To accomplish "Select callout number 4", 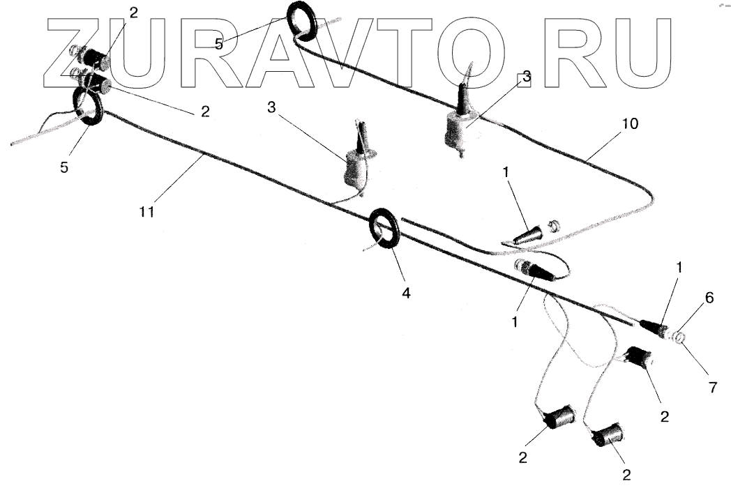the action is pos(406,293).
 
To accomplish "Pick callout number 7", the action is pos(712,388).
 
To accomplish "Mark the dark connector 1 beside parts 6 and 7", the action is pos(655,327).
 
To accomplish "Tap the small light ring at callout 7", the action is pos(679,340).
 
